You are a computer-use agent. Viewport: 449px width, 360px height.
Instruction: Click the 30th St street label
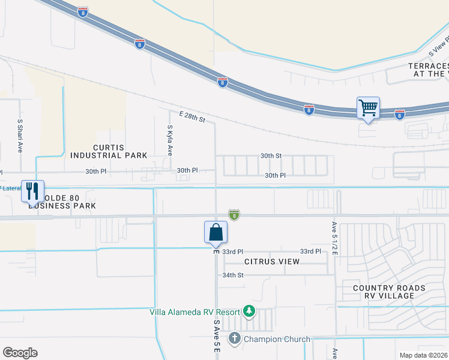[x=271, y=155]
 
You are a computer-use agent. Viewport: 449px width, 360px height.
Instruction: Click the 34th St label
[x=233, y=275]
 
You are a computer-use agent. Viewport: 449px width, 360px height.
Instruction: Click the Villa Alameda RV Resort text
[x=194, y=311]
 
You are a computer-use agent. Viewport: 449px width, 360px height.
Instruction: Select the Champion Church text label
[x=277, y=339]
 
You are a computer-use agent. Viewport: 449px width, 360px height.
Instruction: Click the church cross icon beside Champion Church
[x=234, y=339]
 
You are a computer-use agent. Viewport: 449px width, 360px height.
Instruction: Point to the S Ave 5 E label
[x=217, y=336]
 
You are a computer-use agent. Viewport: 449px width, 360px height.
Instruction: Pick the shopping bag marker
[x=215, y=233]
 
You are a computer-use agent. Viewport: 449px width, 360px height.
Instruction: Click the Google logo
[x=20, y=353]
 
